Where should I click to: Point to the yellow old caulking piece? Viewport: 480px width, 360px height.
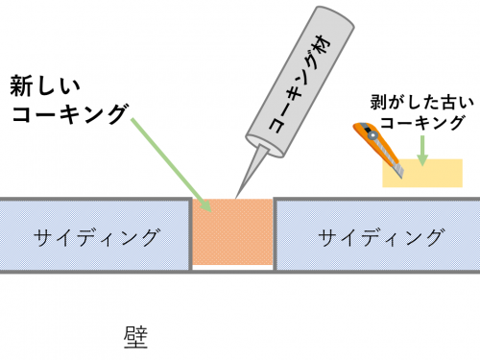pyautogui.click(x=437, y=173)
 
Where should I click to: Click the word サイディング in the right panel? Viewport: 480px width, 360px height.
pyautogui.click(x=381, y=235)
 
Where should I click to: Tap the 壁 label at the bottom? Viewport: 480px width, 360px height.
pyautogui.click(x=135, y=337)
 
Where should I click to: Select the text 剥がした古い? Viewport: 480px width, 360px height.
pyautogui.click(x=418, y=102)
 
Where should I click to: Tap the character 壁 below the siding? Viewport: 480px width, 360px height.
pyautogui.click(x=135, y=337)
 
